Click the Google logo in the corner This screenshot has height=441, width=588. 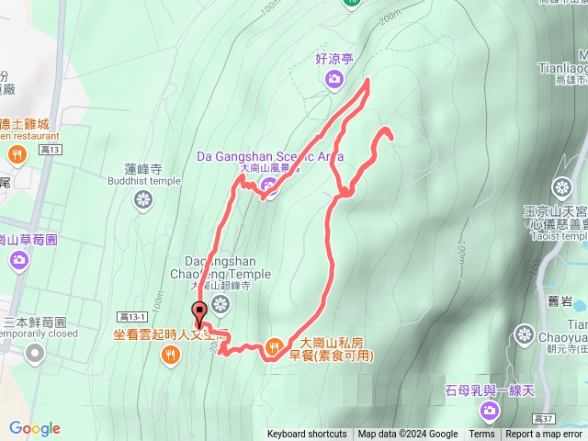(35, 428)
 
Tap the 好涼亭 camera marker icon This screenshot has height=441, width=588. (334, 78)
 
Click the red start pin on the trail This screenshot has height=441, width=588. (199, 312)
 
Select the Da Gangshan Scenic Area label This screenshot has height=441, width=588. (269, 156)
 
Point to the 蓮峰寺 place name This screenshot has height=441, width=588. (143, 169)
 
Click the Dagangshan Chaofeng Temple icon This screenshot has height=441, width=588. (220, 303)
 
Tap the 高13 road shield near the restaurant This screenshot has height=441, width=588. (51, 149)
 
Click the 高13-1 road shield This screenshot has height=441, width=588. (131, 316)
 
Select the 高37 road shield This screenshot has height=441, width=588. (542, 418)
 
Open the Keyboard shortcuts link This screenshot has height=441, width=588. (307, 435)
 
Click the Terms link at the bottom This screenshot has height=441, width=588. (481, 435)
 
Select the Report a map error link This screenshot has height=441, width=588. (544, 435)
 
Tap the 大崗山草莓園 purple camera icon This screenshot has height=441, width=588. (19, 262)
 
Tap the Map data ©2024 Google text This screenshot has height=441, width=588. (408, 435)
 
